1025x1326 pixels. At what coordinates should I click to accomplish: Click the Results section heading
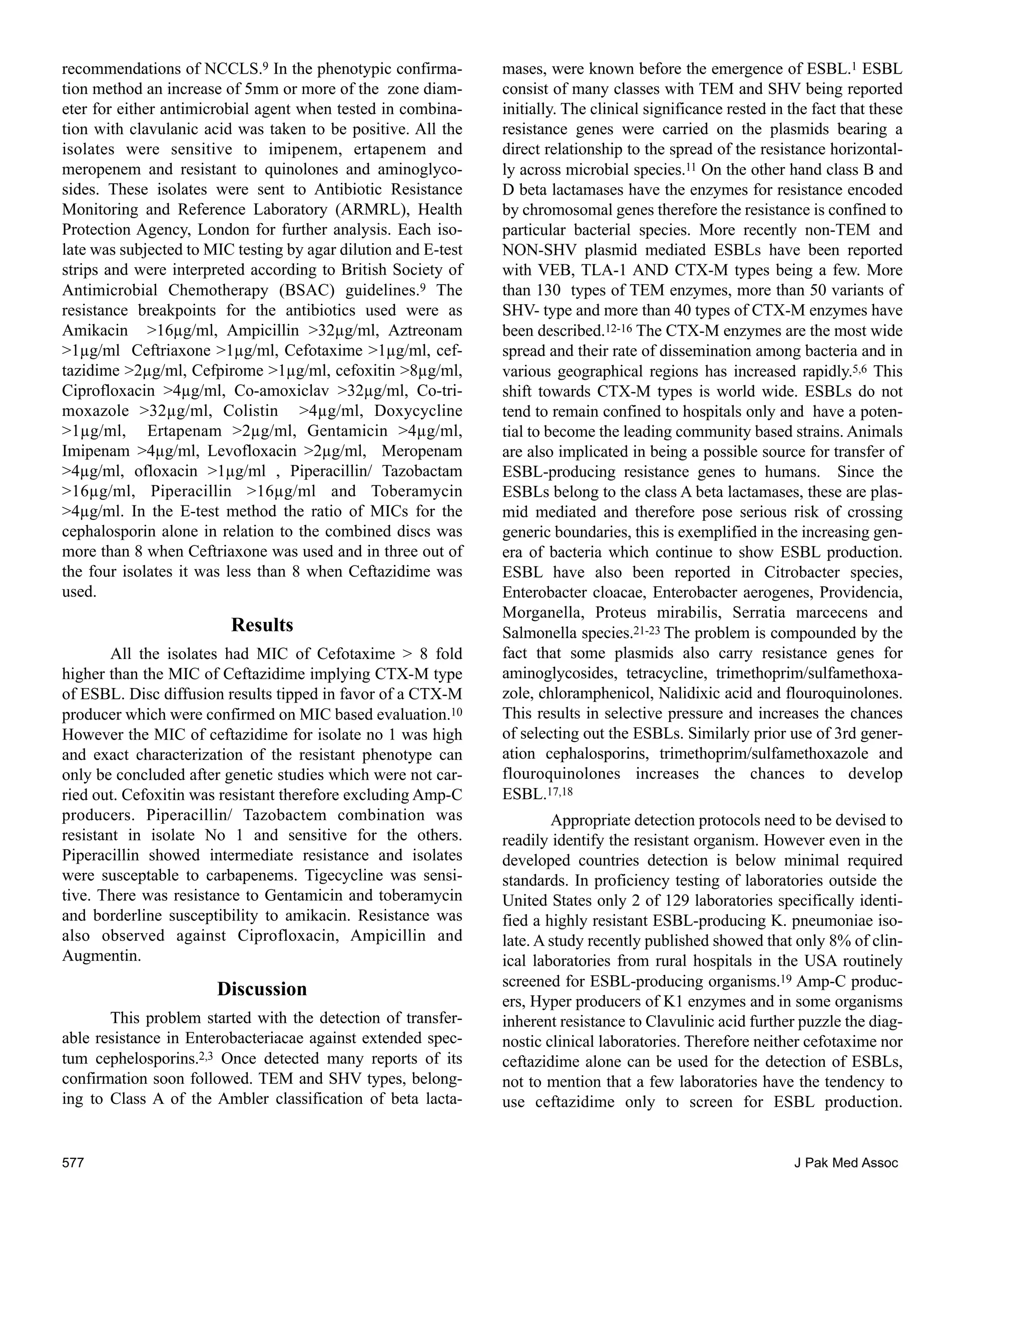[x=262, y=625]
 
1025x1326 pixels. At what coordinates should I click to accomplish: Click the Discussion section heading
[x=262, y=989]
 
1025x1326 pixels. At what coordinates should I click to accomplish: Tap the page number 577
[x=73, y=1163]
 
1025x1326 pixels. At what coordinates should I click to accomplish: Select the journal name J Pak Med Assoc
[x=846, y=1163]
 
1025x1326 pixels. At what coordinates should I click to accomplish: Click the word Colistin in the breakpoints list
[x=251, y=411]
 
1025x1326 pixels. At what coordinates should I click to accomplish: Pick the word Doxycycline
[x=418, y=411]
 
